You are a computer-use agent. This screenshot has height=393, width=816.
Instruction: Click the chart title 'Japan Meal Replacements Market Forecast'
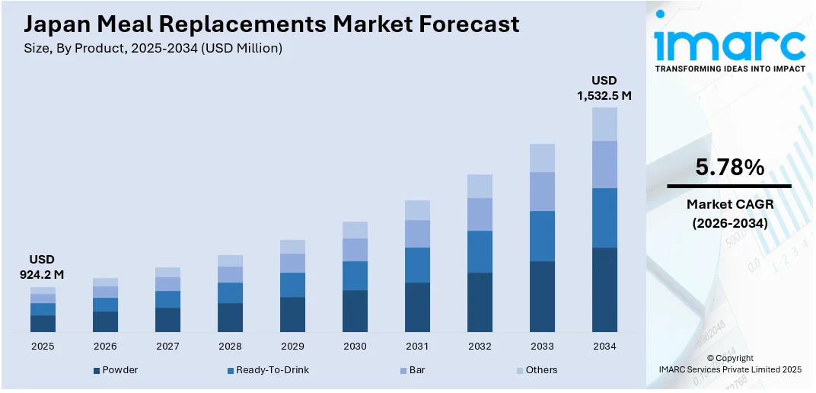pos(272,24)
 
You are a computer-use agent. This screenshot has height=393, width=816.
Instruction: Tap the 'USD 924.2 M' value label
pos(42,267)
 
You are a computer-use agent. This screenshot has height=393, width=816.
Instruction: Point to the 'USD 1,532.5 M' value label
pos(604,88)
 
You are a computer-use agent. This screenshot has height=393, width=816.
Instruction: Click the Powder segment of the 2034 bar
pos(604,289)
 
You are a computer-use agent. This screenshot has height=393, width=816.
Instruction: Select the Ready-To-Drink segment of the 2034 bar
pos(604,218)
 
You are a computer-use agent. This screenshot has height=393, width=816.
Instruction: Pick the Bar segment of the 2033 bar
pos(542,191)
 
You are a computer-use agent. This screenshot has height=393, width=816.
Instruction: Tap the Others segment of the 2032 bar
pos(480,186)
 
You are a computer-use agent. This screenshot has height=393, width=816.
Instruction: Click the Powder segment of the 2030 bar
pos(355,311)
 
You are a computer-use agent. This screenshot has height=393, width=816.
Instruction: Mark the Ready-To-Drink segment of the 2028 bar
pos(230,292)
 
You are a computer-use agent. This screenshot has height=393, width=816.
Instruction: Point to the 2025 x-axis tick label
pos(43,347)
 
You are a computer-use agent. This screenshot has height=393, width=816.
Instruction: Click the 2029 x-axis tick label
pos(292,347)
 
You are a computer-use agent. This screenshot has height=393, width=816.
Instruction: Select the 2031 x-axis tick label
pos(417,347)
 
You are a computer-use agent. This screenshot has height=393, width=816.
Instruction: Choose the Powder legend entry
pos(116,370)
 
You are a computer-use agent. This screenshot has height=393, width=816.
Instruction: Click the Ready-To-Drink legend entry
pos(268,370)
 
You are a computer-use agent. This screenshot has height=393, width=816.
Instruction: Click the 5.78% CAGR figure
pos(729,168)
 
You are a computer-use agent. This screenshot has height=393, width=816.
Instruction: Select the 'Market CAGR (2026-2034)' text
pos(729,213)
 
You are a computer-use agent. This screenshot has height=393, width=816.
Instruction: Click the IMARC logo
pos(729,46)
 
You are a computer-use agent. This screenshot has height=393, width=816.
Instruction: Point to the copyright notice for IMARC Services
pos(729,363)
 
